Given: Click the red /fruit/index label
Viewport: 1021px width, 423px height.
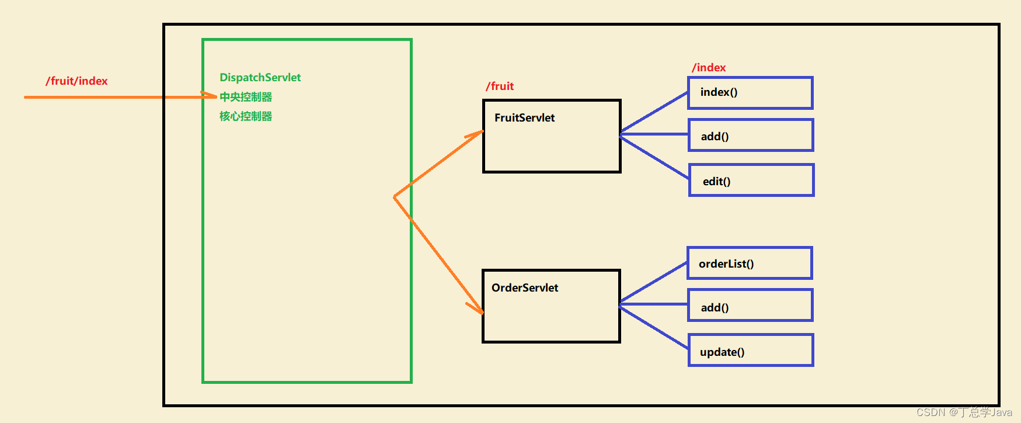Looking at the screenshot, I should pos(76,81).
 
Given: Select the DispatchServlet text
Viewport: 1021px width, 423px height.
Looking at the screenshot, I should pos(260,77).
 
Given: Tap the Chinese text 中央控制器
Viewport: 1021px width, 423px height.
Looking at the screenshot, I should pos(246,97).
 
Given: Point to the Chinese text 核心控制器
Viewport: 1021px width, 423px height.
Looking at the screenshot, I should pos(246,116).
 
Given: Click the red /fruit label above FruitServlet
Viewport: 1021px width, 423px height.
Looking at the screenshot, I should pos(500,86).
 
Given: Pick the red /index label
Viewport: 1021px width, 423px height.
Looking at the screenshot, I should pos(709,67).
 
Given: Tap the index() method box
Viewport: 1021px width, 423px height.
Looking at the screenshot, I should pos(750,93).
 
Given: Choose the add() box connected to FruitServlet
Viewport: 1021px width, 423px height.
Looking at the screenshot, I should pos(751,136).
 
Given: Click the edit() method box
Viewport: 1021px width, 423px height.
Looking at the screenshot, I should pos(751,181).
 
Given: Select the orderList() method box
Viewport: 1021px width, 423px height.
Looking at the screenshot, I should pos(750,263).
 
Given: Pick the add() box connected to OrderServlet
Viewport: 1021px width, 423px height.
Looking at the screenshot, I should pos(750,306).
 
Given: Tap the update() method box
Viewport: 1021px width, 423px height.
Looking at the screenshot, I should pos(751,351).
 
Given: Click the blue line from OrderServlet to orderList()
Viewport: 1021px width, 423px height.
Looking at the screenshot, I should pos(654,283).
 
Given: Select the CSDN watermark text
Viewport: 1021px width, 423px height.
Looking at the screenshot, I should pos(964,412).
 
